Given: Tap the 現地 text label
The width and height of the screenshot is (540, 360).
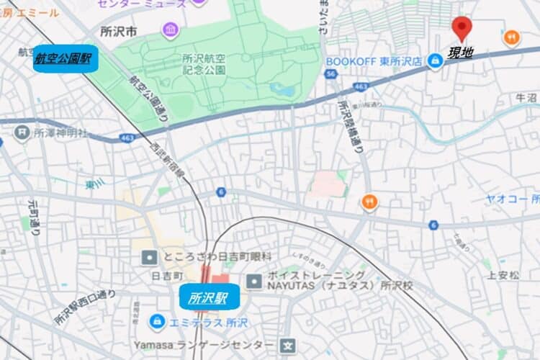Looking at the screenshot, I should [461, 52].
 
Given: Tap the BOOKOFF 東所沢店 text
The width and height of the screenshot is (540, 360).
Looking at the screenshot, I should [374, 62].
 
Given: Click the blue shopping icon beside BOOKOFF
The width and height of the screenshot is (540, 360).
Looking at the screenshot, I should [434, 62].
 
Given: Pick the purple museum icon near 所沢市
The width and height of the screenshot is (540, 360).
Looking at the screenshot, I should [170, 30].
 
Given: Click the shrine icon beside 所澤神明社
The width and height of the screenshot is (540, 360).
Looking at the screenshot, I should [22, 132].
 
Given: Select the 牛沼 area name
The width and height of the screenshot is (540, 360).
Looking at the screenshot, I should [526, 97].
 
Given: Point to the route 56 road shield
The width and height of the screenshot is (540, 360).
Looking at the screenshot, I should [330, 74].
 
